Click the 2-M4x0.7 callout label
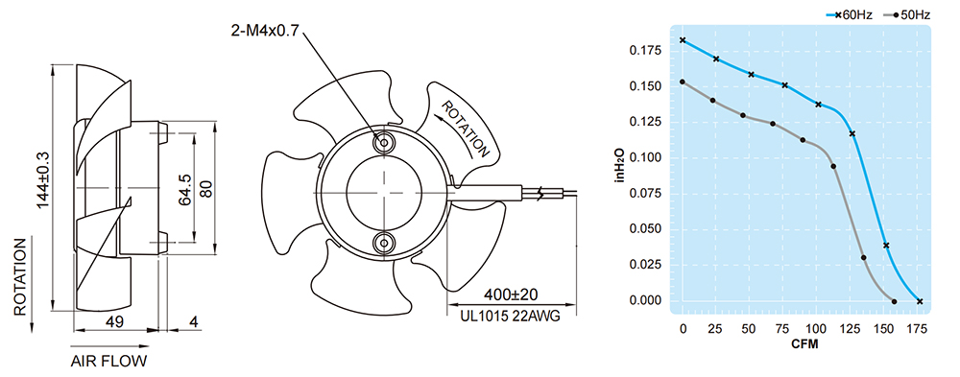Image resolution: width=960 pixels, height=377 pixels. click(x=265, y=31)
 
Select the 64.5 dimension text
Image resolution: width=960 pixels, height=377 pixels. click(x=185, y=190)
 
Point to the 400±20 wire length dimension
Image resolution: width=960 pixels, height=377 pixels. click(x=511, y=295)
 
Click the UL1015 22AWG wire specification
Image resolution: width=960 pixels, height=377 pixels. click(x=510, y=317)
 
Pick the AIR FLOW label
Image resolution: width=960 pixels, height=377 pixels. click(x=109, y=361)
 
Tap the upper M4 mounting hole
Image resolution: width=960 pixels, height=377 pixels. click(x=385, y=143)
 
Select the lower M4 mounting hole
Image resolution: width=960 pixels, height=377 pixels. click(x=385, y=243)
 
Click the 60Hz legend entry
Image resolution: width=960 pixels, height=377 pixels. click(x=851, y=14)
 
